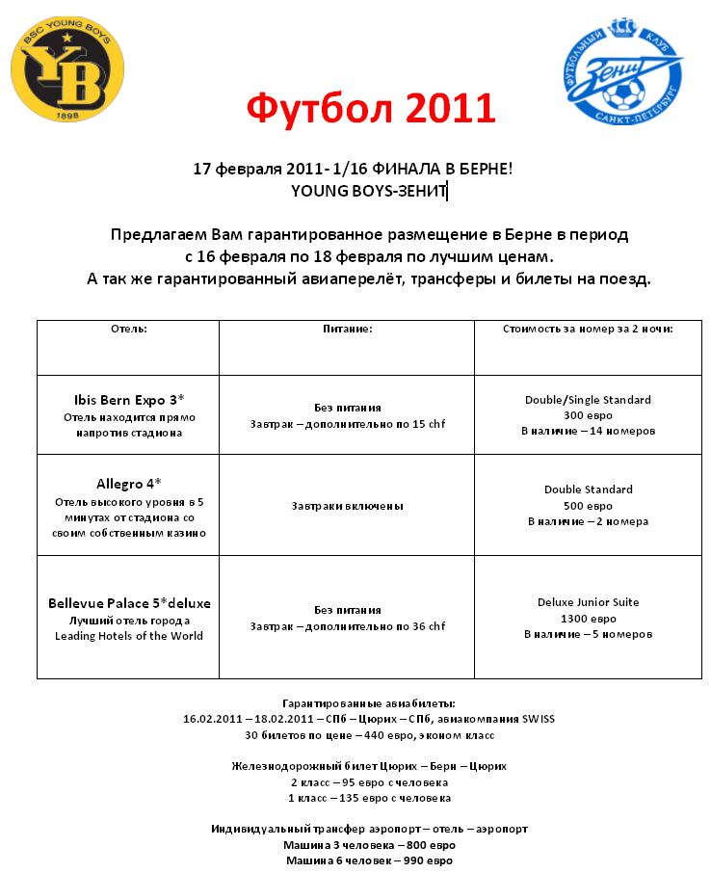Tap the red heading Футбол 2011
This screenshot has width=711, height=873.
pyautogui.click(x=371, y=109)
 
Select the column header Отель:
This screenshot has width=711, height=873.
pyautogui.click(x=129, y=329)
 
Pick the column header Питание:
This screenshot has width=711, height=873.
pyautogui.click(x=347, y=329)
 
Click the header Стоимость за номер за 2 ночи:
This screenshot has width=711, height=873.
pyautogui.click(x=588, y=329)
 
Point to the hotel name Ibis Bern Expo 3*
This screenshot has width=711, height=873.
pyautogui.click(x=129, y=399)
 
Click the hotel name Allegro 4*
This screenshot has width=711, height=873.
pyautogui.click(x=129, y=483)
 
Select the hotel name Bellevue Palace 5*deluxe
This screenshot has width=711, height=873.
pyautogui.click(x=129, y=603)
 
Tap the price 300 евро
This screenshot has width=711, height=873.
pyautogui.click(x=588, y=415)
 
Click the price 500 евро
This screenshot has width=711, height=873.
pyautogui.click(x=588, y=505)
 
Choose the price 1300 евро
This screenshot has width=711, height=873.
pyautogui.click(x=588, y=619)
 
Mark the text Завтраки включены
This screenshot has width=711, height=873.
pyautogui.click(x=347, y=506)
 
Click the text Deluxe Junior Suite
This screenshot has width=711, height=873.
pyautogui.click(x=588, y=602)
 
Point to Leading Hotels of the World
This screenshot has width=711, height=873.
pyautogui.click(x=129, y=636)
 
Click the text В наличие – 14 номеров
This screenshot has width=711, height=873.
pyautogui.click(x=588, y=431)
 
